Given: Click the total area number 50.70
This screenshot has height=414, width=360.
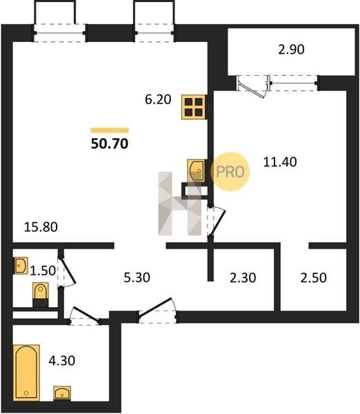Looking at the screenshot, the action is tap(110, 144).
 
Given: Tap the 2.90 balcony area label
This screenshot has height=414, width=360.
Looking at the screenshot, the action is tap(291, 50).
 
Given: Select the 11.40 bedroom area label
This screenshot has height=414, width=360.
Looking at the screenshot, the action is tap(280, 161).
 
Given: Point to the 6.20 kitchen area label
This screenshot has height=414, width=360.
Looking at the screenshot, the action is tap(158, 99).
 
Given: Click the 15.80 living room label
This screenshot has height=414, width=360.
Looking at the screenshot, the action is tap(41, 227).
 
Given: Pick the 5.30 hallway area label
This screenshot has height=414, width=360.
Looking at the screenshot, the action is tap(137, 277).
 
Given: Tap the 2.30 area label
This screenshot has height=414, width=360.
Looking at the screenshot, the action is tap(243, 277).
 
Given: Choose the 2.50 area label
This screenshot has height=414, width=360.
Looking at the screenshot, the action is tap(313, 277).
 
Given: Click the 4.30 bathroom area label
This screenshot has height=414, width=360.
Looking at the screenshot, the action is tap(62, 360).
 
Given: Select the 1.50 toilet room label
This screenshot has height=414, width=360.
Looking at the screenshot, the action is tap(43, 270).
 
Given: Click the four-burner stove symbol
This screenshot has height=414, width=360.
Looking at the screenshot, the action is tap(194, 107).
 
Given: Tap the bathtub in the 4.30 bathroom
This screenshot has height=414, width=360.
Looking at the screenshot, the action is tap(26, 372).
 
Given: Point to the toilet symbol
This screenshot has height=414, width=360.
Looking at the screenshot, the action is tap(41, 295).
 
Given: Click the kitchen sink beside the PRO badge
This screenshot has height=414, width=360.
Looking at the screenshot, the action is tap(196, 170).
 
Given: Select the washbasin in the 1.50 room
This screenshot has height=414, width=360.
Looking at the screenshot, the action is tap(21, 266).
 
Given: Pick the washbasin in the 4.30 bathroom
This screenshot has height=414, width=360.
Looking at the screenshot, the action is tap(62, 393).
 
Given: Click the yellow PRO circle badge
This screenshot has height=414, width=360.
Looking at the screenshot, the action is tap(230, 172).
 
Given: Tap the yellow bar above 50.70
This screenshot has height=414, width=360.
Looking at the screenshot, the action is tap(110, 130).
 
